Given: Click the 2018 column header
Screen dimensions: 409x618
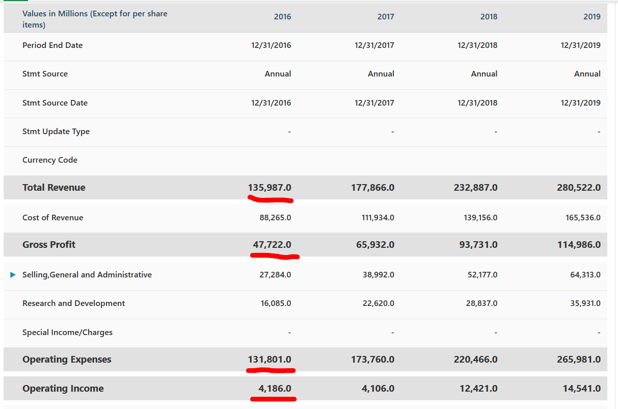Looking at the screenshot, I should (489, 17).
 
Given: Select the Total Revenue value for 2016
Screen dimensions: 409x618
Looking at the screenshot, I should (270, 188).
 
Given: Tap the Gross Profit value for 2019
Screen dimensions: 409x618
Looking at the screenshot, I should (579, 245).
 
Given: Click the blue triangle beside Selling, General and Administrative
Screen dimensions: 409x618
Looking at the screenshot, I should (13, 275).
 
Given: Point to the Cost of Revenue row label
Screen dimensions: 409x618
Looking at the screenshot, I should (52, 218).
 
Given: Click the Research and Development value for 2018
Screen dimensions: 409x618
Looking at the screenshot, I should (480, 303).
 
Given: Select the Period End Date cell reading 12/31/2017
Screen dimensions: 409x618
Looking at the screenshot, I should (374, 45).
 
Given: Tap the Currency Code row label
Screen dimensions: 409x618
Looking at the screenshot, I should (50, 160).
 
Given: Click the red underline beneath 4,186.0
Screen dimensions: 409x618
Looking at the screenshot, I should (274, 399).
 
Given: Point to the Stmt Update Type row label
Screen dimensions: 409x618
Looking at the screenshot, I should (56, 132).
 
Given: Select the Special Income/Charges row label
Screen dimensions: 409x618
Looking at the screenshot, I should (67, 333).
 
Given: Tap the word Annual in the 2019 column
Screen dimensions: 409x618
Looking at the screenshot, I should (587, 74).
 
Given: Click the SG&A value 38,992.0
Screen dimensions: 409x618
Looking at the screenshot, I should (378, 275).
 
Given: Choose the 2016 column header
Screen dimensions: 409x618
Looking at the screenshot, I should (282, 17).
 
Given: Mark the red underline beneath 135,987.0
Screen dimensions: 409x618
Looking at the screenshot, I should (271, 199).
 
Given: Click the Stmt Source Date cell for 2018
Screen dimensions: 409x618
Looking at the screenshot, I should (477, 103).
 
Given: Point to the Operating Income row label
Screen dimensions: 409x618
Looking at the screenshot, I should (63, 389).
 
